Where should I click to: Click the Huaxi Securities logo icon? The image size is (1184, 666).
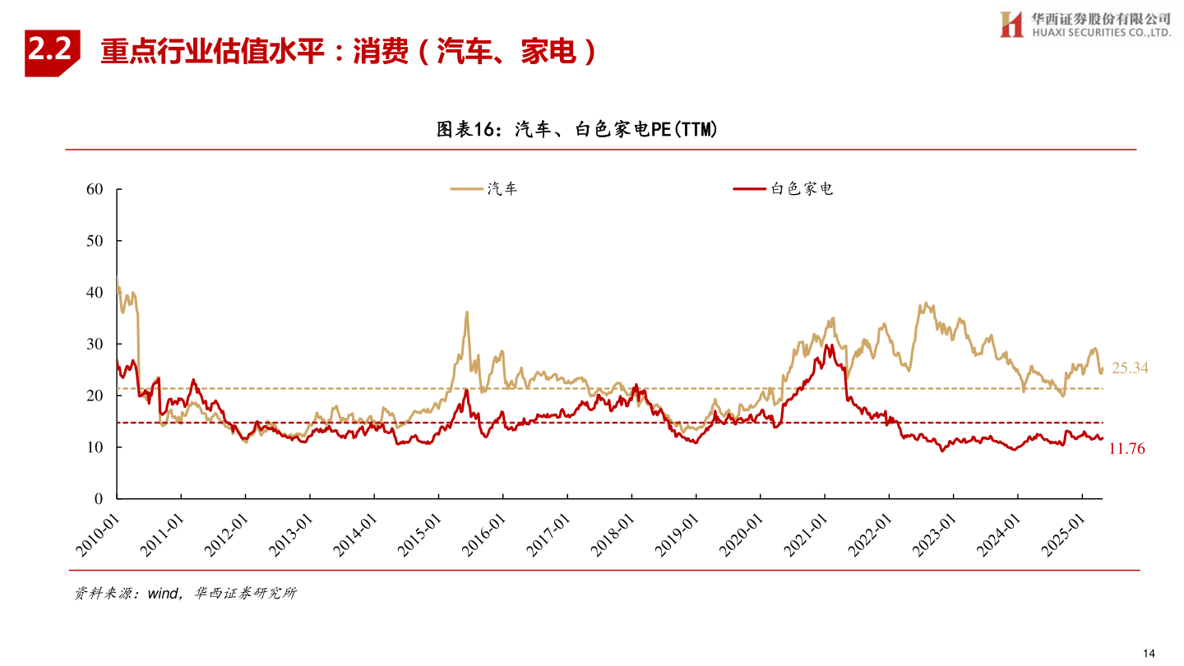tap(1011, 24)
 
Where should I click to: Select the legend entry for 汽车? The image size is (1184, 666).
tap(484, 189)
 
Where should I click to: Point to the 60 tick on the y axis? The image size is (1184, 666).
tap(95, 189)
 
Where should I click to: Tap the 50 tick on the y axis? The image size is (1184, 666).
tap(95, 241)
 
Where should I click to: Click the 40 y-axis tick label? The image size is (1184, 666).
tap(95, 293)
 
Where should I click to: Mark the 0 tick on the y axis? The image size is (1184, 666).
tap(99, 499)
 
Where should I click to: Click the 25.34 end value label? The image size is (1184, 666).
tap(1130, 368)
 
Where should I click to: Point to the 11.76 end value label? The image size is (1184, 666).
tap(1126, 449)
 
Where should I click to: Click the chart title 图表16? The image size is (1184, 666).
tap(576, 129)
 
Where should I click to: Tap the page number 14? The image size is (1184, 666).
tap(1149, 653)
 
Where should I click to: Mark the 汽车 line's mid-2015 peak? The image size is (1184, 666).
tap(467, 312)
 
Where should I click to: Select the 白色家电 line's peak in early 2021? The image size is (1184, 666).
tap(826, 345)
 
